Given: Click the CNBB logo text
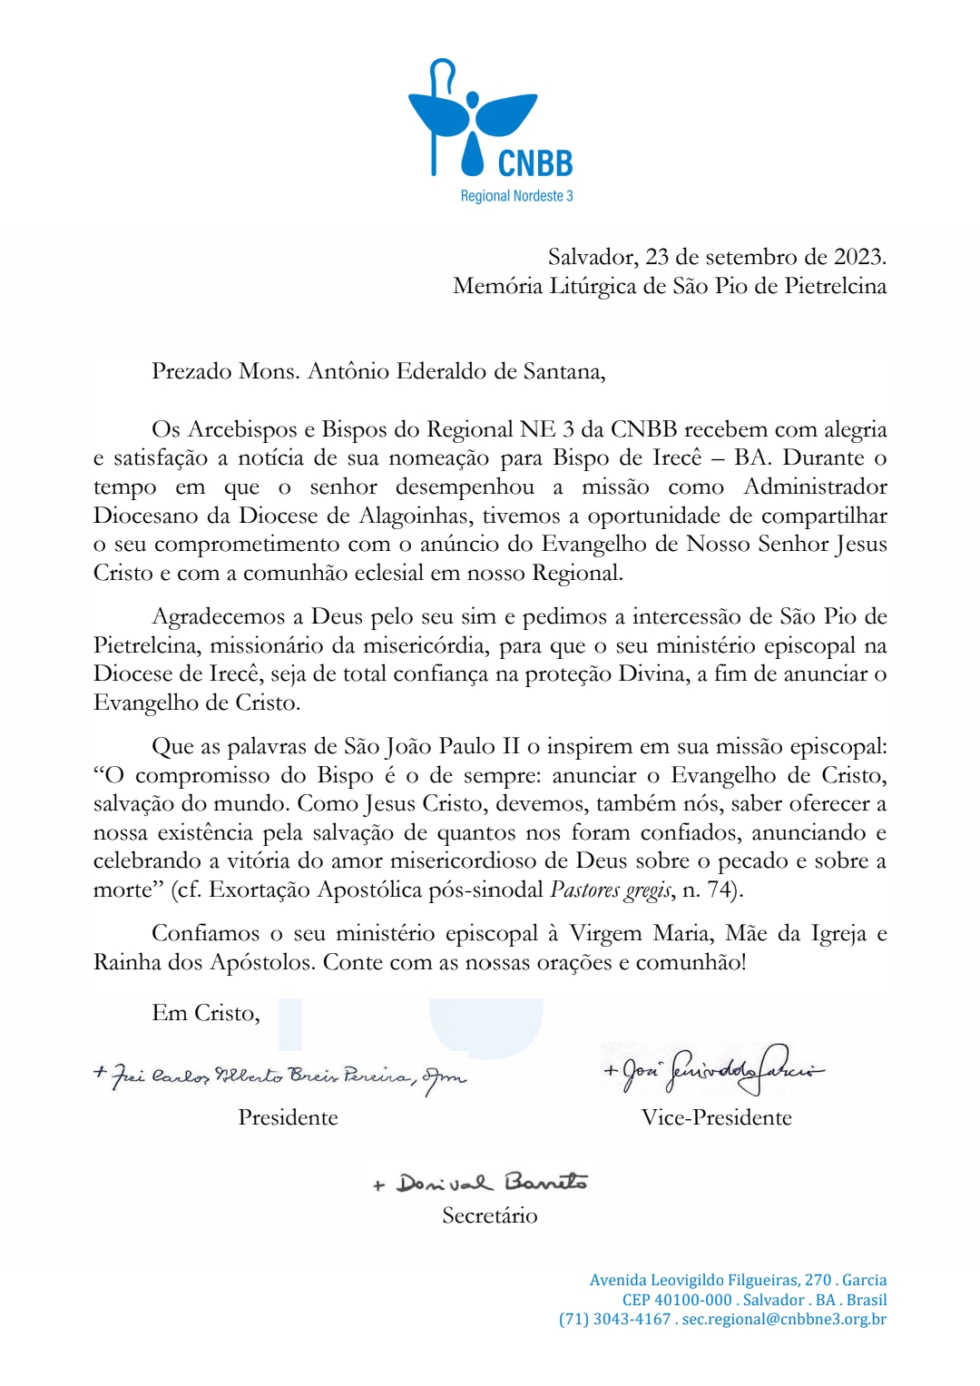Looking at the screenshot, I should [x=535, y=162].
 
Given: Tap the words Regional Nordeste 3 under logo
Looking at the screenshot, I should [x=516, y=196].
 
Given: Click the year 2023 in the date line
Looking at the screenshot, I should [x=857, y=257].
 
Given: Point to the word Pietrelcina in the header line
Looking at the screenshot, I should [x=835, y=286].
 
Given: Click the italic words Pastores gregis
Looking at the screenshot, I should [x=612, y=890].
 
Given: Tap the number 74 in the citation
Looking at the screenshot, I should [x=720, y=890].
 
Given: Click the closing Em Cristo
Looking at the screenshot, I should [x=206, y=1013].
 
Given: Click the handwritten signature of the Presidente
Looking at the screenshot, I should [x=281, y=1076].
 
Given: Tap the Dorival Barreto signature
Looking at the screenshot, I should [x=481, y=1182].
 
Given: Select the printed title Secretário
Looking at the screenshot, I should [x=490, y=1215].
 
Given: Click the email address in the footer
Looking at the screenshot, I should [x=784, y=1319].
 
